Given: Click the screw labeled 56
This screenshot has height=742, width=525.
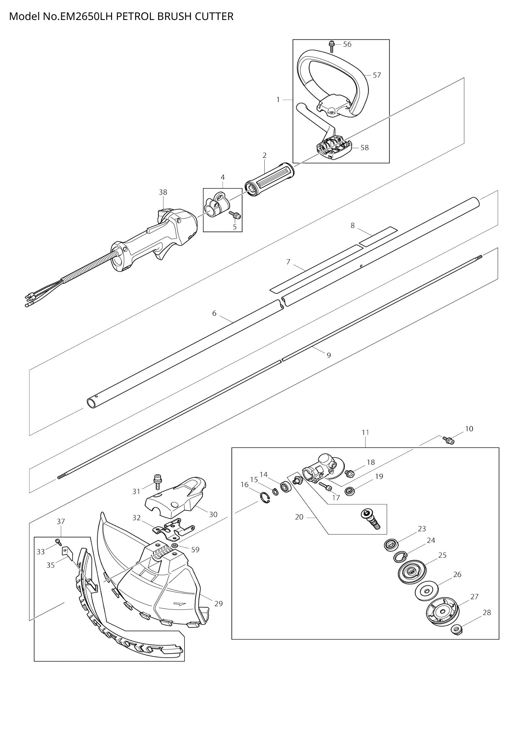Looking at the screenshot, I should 332,46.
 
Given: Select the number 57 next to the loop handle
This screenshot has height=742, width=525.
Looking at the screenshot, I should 377,75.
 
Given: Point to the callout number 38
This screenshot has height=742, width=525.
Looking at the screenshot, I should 163,192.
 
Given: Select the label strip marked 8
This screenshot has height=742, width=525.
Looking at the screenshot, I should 377,237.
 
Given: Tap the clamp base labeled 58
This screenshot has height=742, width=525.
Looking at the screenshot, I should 333,149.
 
